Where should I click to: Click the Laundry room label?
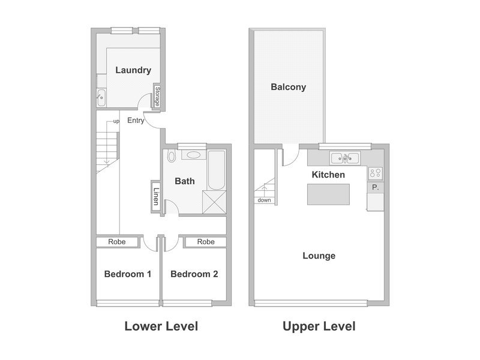point(133,70)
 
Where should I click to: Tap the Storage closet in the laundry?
point(157,96)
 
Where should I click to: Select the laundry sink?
point(101,97)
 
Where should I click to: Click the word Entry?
point(136,121)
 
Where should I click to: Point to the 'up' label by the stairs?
point(116,121)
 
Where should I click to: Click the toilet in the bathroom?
point(171,156)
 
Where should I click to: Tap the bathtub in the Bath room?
point(217,170)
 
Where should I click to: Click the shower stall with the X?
point(214,202)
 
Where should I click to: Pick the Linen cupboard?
point(156,196)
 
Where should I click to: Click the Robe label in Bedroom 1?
point(117,242)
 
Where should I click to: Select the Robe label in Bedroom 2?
point(206,242)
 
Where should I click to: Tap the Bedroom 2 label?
point(194,274)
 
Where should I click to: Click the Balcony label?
point(289,87)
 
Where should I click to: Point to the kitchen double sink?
point(345,158)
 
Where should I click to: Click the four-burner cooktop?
point(376,173)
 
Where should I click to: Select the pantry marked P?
point(376,187)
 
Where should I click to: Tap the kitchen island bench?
point(328,194)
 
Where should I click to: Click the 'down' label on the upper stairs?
point(264,200)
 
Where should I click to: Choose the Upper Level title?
point(319,326)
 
